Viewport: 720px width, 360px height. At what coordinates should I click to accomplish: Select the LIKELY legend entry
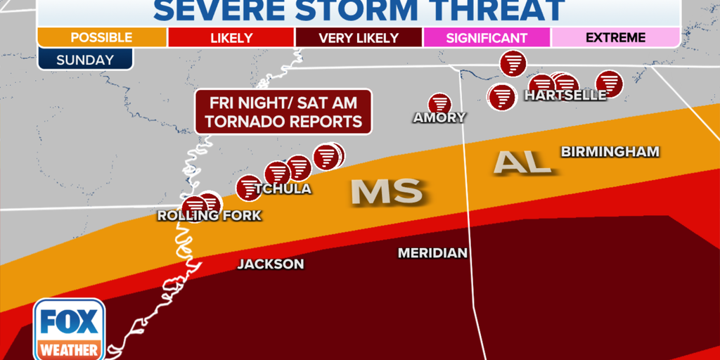coord(231,38)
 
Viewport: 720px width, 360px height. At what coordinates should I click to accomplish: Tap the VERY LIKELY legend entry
coord(359,38)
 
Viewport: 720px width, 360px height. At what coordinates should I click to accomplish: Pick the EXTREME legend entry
coord(615,38)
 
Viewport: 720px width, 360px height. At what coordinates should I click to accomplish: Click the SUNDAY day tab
coord(84,60)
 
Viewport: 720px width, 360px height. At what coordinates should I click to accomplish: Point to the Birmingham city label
coord(610,151)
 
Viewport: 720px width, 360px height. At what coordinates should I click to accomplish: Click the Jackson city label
coord(271,264)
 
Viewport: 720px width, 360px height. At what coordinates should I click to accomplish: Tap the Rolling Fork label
coord(209,216)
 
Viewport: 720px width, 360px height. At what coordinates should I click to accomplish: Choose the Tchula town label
coord(283,189)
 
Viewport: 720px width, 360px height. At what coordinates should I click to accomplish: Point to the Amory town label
coord(439,117)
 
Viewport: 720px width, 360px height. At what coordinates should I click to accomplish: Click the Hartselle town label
coord(565,96)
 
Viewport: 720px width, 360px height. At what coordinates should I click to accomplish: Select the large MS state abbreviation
coord(386,191)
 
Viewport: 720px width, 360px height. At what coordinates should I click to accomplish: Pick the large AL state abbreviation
coord(521,162)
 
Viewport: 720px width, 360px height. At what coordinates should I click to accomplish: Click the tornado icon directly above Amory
coord(440,103)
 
